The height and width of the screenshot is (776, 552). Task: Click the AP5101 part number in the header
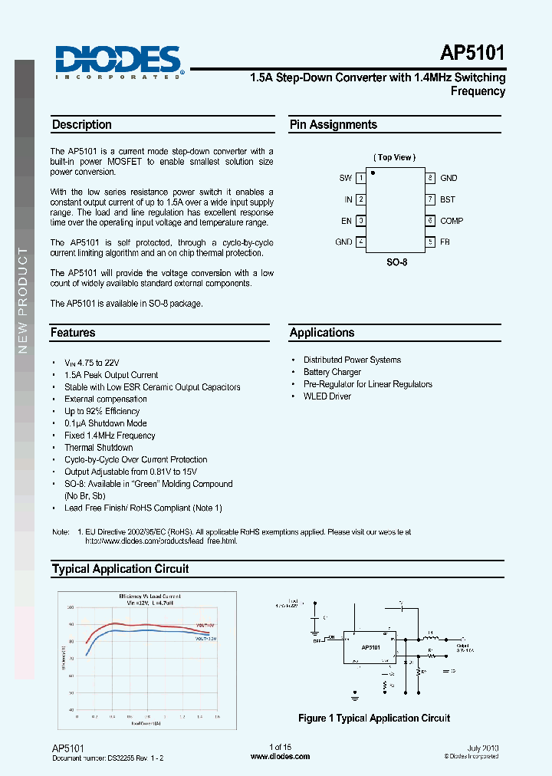pyautogui.click(x=472, y=54)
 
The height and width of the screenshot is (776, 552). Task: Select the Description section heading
pyautogui.click(x=81, y=125)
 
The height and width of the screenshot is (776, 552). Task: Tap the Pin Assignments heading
pyautogui.click(x=333, y=125)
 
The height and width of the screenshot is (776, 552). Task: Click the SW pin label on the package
pyautogui.click(x=346, y=178)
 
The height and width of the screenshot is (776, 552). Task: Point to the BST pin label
pyautogui.click(x=447, y=199)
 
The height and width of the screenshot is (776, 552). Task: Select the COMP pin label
pyautogui.click(x=452, y=221)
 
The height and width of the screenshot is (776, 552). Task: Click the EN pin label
pyautogui.click(x=347, y=221)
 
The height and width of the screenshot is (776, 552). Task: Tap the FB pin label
pyautogui.click(x=445, y=242)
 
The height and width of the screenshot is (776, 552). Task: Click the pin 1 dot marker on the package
pyautogui.click(x=373, y=173)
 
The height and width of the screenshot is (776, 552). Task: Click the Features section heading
pyautogui.click(x=73, y=333)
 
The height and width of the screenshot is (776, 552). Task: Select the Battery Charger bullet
pyautogui.click(x=332, y=372)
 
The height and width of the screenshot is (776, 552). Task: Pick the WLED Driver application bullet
pyautogui.click(x=327, y=396)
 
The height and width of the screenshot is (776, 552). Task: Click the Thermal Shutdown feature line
pyautogui.click(x=98, y=448)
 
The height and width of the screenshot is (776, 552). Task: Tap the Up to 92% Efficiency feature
pyautogui.click(x=102, y=411)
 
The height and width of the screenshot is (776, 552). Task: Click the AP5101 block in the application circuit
pyautogui.click(x=370, y=647)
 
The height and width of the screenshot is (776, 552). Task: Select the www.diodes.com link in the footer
pyautogui.click(x=281, y=756)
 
